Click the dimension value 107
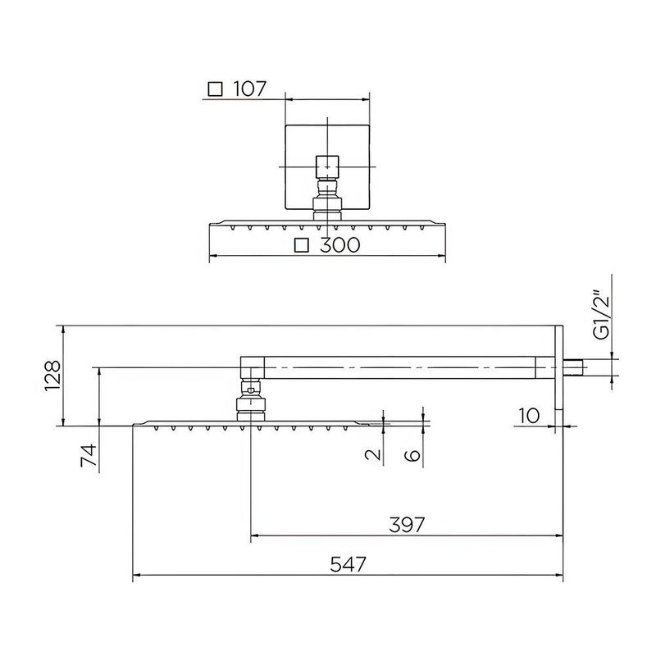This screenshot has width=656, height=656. pos(250,89)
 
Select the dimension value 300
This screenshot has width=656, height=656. pos(338,245)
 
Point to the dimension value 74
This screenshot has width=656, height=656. pos(89,455)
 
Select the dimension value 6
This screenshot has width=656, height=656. pos(414,455)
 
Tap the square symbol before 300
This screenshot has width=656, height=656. pos(303,245)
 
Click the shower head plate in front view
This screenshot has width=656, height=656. pos(327,223)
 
